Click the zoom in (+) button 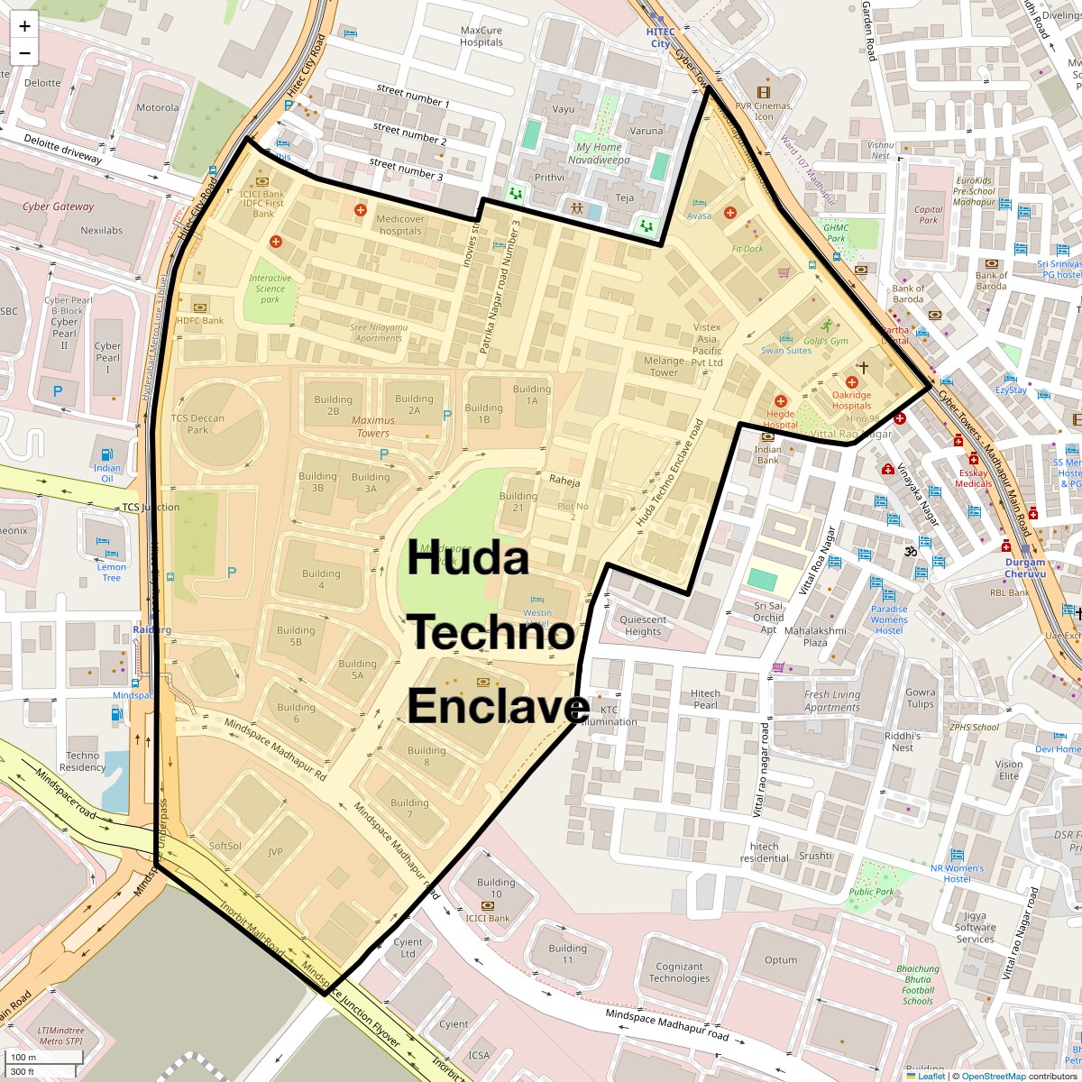(x=24, y=26)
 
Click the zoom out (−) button (x=24, y=53)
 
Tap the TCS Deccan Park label (x=197, y=424)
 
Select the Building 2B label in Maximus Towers (x=333, y=405)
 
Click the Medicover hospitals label (x=399, y=225)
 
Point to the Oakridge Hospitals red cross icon (x=851, y=382)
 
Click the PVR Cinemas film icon (x=764, y=92)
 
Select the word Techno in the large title (x=492, y=633)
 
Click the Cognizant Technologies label (x=679, y=972)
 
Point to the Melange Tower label (x=664, y=366)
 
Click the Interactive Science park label (x=270, y=289)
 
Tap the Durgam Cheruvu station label (x=1025, y=568)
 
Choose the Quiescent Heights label (x=643, y=625)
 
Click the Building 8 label (x=426, y=756)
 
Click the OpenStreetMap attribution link (x=994, y=1076)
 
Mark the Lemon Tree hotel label (x=112, y=572)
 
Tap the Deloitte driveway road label (x=63, y=149)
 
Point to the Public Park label (x=871, y=892)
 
